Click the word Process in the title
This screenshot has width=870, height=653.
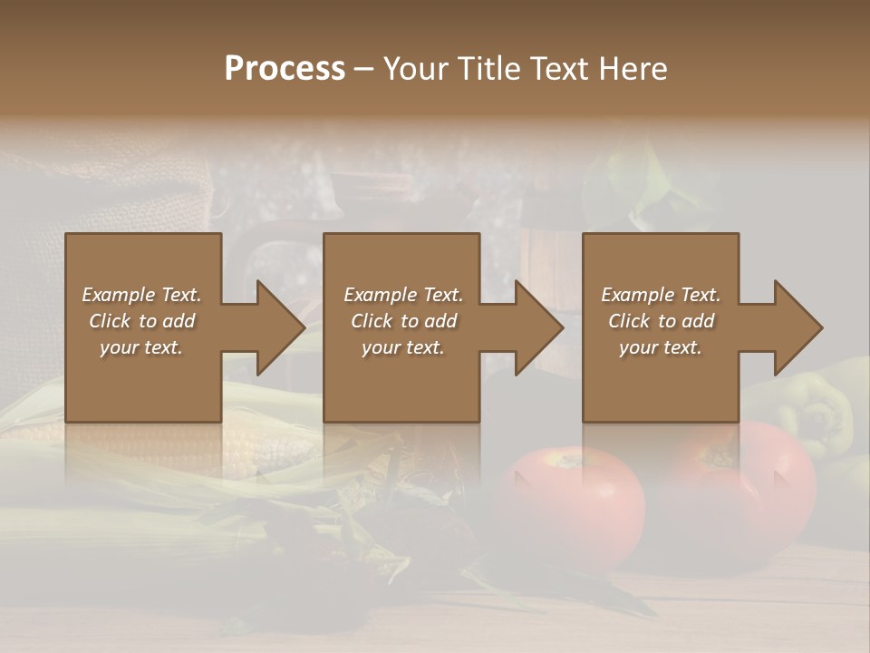[285, 68]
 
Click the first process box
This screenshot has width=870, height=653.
[143, 381]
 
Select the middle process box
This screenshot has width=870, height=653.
[401, 381]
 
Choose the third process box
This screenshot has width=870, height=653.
[660, 381]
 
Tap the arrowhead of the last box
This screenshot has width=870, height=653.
[797, 327]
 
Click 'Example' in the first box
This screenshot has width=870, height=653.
[119, 295]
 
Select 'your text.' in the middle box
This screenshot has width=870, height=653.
[402, 347]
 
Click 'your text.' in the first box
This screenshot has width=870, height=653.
[140, 347]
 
